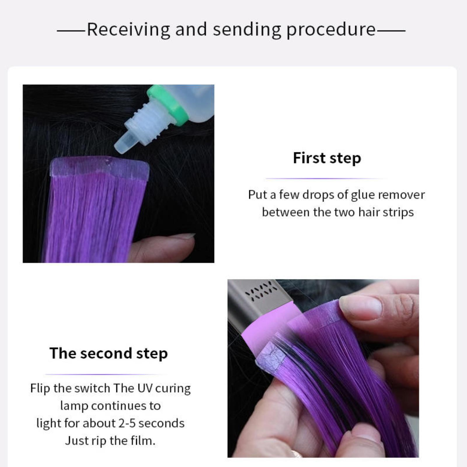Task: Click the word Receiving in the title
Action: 128,30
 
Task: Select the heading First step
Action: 327,158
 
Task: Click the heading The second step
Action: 109,353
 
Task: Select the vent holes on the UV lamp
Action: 261,290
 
